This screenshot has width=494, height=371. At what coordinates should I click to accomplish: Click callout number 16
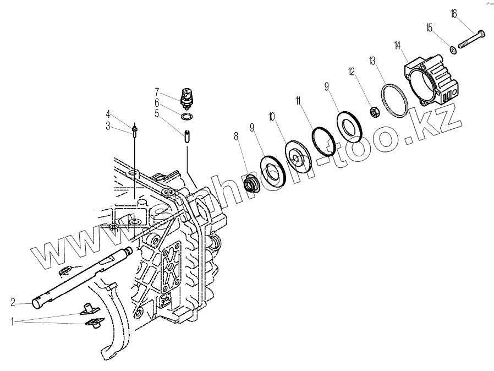click(453, 13)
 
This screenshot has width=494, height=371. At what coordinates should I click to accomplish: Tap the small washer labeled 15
click(452, 50)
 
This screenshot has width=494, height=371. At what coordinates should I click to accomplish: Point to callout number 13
click(372, 59)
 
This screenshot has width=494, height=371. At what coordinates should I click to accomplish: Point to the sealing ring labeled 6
click(187, 114)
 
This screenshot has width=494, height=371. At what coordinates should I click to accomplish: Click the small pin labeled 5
click(188, 135)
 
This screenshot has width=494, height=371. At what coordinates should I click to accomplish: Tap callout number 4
click(108, 114)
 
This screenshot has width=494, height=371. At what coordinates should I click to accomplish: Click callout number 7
click(157, 91)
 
